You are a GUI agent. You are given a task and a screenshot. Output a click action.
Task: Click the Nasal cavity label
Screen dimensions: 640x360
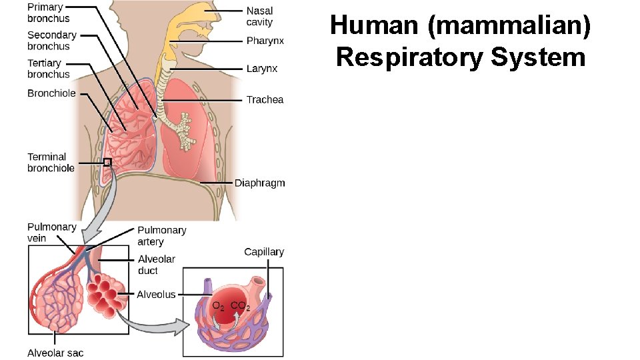[x=259, y=17]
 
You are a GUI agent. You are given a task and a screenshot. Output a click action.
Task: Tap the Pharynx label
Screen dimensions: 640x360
[x=265, y=41]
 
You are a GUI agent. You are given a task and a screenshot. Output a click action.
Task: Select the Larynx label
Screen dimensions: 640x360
[x=262, y=69]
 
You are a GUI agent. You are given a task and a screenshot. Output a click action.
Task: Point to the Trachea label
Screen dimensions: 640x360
[x=265, y=100]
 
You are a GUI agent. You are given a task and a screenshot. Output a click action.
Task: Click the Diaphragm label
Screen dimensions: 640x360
[x=259, y=183]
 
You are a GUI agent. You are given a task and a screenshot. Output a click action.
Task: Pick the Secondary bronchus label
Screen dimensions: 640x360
[x=51, y=41]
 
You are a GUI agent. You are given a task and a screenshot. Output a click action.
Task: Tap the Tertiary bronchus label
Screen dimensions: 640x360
[x=48, y=69]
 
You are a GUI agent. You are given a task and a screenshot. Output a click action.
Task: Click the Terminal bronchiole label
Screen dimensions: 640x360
[x=51, y=162]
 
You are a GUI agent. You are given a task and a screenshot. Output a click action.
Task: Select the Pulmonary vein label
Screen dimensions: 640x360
[x=51, y=232]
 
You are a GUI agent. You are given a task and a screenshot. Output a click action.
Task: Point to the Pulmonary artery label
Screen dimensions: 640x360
[x=162, y=235]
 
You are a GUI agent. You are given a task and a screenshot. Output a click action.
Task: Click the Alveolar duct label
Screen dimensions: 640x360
[x=156, y=265]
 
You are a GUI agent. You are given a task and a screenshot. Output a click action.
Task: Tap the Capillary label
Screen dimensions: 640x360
[x=264, y=252]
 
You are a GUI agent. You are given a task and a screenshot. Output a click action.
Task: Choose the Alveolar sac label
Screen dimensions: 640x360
[x=55, y=353]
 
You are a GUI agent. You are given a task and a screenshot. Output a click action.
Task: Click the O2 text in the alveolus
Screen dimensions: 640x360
[x=217, y=307]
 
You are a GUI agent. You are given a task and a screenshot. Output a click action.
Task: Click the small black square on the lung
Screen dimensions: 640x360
[x=107, y=162]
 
